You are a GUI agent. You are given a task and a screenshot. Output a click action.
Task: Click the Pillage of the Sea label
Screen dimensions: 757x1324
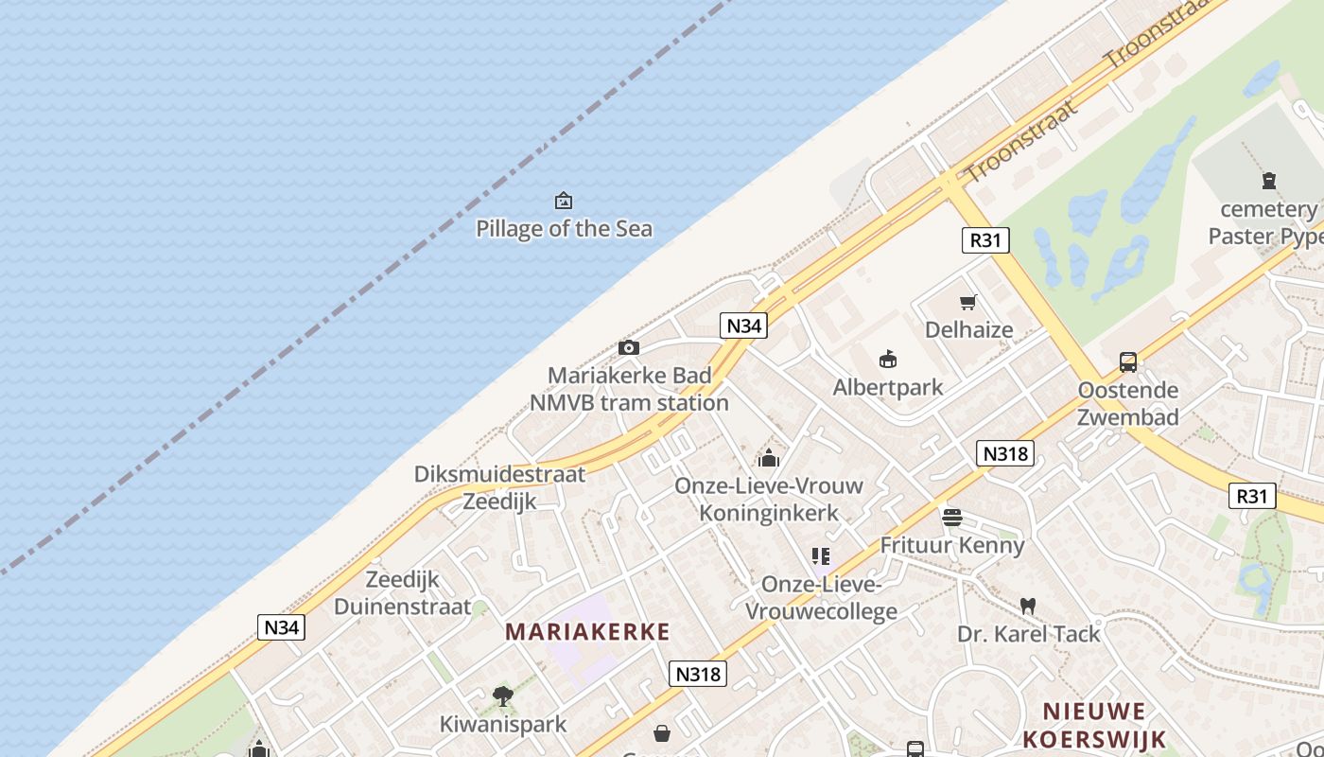[x=564, y=228]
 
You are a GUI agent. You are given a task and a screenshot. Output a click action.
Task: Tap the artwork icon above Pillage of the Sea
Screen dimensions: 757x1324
[x=564, y=201]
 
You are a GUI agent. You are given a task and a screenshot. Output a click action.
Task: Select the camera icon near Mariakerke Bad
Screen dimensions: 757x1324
[x=629, y=348]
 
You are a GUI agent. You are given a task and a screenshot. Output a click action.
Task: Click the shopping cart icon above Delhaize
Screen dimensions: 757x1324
[x=967, y=303]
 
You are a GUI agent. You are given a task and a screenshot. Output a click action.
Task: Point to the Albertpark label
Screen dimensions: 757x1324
[x=887, y=387]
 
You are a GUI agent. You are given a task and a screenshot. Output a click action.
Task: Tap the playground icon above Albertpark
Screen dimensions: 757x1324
[x=887, y=360]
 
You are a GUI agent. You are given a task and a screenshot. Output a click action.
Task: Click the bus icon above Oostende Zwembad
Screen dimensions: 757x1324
[x=1127, y=361]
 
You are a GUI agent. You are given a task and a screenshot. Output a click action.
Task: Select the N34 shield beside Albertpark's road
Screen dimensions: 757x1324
[x=742, y=326]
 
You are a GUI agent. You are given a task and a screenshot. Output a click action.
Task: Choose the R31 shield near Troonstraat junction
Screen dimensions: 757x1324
[x=984, y=240]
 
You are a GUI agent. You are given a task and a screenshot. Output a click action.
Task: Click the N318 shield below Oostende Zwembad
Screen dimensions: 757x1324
[x=1004, y=454]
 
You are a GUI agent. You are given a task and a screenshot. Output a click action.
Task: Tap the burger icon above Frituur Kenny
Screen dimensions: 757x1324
[x=951, y=518]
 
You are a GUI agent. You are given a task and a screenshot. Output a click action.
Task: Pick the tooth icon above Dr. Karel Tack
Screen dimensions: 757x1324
[x=1028, y=606]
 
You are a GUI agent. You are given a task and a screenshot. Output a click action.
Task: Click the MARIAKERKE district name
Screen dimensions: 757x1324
[x=587, y=632]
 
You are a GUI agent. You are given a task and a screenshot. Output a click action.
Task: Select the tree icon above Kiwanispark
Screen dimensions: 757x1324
[x=502, y=697]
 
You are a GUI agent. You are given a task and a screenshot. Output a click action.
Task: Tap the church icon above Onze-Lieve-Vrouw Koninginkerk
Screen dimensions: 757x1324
[x=768, y=459]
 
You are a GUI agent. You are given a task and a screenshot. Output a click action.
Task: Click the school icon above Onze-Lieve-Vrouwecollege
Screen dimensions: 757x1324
[x=820, y=556]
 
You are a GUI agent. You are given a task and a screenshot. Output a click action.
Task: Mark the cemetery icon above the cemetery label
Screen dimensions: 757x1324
[x=1268, y=181]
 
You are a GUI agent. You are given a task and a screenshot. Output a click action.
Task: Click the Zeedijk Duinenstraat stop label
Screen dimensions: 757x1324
[x=402, y=593]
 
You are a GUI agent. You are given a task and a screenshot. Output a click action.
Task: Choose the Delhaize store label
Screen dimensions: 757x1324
[x=968, y=330]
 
